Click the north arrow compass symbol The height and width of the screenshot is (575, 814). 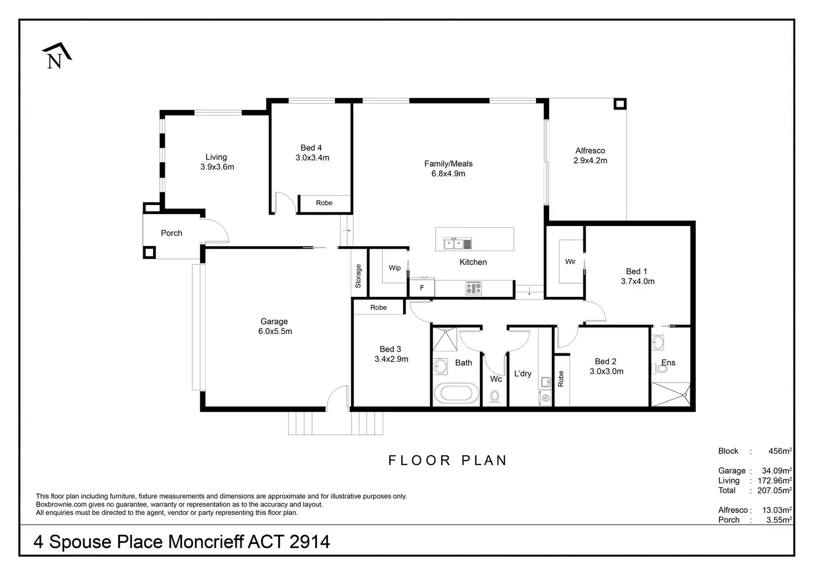coord(56,56)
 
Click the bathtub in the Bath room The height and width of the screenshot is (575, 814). coord(456,394)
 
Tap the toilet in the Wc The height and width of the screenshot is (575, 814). coord(495,397)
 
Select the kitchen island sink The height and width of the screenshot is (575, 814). coord(457,243)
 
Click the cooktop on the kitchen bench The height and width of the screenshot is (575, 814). coord(473,288)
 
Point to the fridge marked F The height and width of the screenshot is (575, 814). coord(422,288)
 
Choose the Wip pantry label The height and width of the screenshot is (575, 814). coord(395,268)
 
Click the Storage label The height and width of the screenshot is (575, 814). coord(358,276)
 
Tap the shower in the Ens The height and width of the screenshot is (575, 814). coord(670,394)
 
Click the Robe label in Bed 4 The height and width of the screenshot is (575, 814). coord(324,203)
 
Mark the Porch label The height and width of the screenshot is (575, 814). coord(171,233)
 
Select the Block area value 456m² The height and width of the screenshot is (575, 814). coord(780,451)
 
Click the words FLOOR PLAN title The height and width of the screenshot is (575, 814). coord(447,461)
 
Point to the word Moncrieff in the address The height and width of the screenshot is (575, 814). coord(206,541)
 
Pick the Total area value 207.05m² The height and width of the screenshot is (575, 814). coord(774,490)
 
